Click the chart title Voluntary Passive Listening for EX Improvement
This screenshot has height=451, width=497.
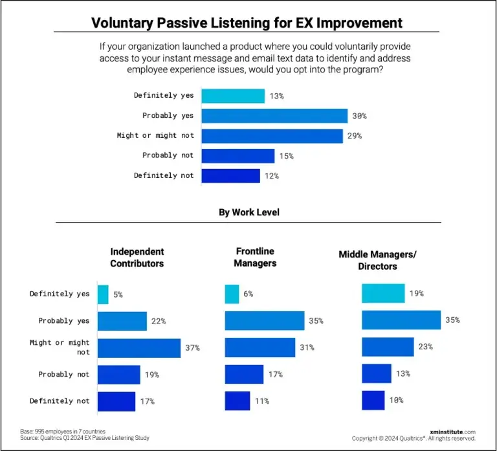pos(247,23)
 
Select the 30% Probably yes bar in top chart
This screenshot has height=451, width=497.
pos(274,116)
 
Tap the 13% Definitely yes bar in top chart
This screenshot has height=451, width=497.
pos(233,96)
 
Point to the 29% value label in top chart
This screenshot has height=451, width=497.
pos(354,136)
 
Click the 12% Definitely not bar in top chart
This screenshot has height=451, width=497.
pos(230,175)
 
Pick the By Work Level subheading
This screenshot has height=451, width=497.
pos(248,212)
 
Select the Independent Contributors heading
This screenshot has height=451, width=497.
pos(137,257)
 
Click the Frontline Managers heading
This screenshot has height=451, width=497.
pos(254,257)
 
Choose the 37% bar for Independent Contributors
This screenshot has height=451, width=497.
pos(138,347)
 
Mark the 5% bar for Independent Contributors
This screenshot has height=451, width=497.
pos(103,294)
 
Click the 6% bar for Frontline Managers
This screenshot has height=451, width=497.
pos(232,294)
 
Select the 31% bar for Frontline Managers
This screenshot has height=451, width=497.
pos(260,347)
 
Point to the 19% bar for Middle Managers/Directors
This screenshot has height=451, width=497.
pos(383,293)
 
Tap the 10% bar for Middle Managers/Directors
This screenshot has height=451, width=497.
pos(373,400)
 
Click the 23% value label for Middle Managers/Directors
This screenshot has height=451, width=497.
pos(425,347)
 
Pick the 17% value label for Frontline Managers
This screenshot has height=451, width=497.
pos(274,374)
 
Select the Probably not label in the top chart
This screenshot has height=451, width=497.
pos(168,155)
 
